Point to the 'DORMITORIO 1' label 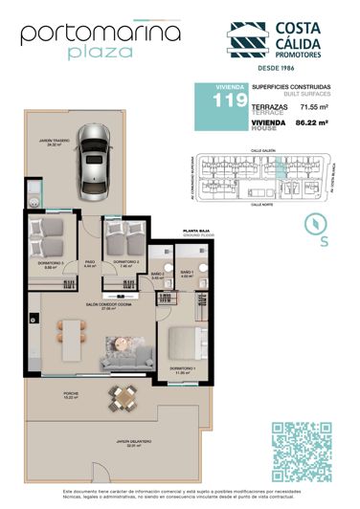[184, 368]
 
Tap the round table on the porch [121, 394]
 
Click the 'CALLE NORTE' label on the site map [263, 203]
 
